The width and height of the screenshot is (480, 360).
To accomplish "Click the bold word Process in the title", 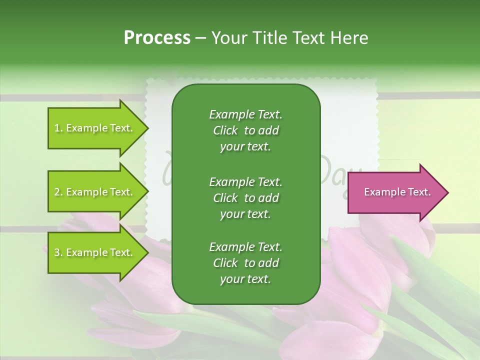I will tap(157, 38).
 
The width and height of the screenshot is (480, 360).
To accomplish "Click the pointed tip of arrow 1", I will tap(147, 128).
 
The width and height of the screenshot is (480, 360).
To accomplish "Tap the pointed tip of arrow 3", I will tap(147, 252).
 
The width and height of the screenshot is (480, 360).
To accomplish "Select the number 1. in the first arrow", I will tap(58, 128).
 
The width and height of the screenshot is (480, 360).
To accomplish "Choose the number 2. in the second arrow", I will tap(58, 192).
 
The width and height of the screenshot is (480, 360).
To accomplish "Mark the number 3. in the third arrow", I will tap(58, 253).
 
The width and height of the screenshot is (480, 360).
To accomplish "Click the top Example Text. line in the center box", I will tap(245, 114).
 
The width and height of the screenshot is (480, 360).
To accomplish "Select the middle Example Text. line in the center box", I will tap(245, 181).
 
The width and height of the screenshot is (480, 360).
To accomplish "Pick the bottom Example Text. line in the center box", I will tap(245, 247).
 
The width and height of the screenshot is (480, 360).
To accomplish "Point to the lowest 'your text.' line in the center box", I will tap(245, 279).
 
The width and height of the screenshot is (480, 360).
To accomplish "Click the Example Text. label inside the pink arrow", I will tap(397, 192).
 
